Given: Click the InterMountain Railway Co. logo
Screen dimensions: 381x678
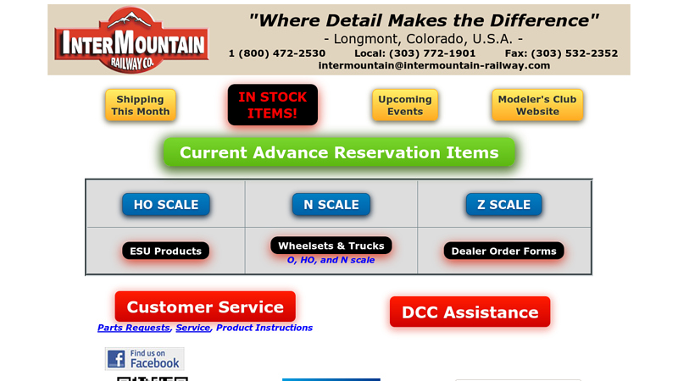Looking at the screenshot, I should pyautogui.click(x=131, y=40).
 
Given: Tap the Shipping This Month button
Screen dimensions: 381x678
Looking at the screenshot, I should pyautogui.click(x=141, y=105).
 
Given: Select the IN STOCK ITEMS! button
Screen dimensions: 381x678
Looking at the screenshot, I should pyautogui.click(x=273, y=104).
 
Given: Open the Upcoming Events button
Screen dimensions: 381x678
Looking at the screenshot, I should pyautogui.click(x=405, y=105).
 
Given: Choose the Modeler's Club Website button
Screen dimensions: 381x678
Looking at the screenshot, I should pyautogui.click(x=537, y=105).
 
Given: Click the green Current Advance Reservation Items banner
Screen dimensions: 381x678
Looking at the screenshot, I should pyautogui.click(x=339, y=152).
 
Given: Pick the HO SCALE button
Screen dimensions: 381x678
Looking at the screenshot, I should pyautogui.click(x=166, y=204).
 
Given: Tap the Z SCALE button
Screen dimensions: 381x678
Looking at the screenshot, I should pyautogui.click(x=503, y=204).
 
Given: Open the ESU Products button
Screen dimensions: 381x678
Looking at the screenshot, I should pyautogui.click(x=165, y=251).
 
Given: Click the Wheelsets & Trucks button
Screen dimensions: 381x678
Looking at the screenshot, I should pyautogui.click(x=331, y=246).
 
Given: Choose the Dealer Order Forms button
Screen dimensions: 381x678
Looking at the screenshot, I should pyautogui.click(x=503, y=251).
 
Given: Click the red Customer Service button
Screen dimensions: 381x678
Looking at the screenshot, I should pyautogui.click(x=205, y=306).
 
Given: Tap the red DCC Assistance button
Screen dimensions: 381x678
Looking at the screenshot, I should pyautogui.click(x=470, y=312).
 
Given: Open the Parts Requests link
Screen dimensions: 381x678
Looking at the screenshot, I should pyautogui.click(x=134, y=328).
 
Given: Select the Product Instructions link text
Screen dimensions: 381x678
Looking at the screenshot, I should pyautogui.click(x=264, y=328).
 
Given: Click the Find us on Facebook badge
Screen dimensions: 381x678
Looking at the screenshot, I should pyautogui.click(x=144, y=358).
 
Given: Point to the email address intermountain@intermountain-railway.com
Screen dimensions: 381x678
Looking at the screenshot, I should pyautogui.click(x=434, y=65).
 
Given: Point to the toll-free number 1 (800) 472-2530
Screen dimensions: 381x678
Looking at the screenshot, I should pyautogui.click(x=277, y=52).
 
